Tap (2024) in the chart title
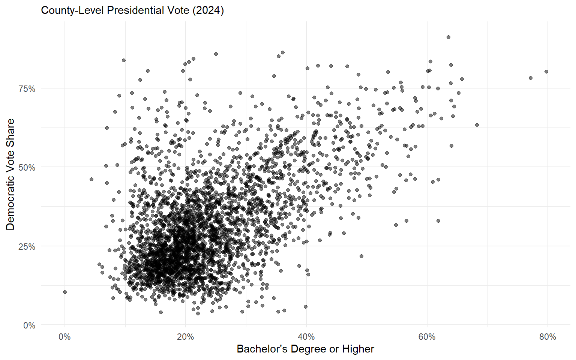pyautogui.click(x=208, y=10)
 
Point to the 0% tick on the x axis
pyautogui.click(x=65, y=337)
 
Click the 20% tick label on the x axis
pyautogui.click(x=185, y=337)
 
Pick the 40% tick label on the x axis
pyautogui.click(x=306, y=337)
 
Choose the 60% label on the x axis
pyautogui.click(x=427, y=337)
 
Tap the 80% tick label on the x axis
pyautogui.click(x=547, y=337)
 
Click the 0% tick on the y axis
pyautogui.click(x=29, y=325)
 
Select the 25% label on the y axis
pyautogui.click(x=27, y=247)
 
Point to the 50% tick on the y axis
pyautogui.click(x=27, y=168)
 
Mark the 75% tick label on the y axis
pyautogui.click(x=27, y=89)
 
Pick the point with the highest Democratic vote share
pyautogui.click(x=448, y=37)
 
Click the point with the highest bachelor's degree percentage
pyautogui.click(x=546, y=72)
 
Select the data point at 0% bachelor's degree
pyautogui.click(x=65, y=292)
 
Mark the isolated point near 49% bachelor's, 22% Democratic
pyautogui.click(x=361, y=256)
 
